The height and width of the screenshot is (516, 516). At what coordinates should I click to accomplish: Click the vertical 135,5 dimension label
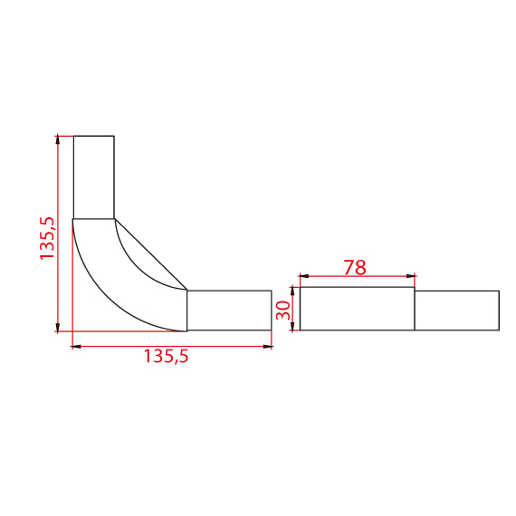pyautogui.click(x=48, y=238)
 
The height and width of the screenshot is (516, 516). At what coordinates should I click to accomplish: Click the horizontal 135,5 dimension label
pyautogui.click(x=166, y=357)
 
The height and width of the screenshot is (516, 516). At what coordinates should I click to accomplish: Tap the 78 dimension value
pyautogui.click(x=355, y=268)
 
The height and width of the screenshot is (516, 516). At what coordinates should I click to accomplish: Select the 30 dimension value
pyautogui.click(x=282, y=310)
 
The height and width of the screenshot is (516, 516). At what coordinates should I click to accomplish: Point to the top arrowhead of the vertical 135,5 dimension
pyautogui.click(x=58, y=139)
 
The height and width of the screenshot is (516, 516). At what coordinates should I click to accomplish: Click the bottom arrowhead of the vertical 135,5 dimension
pyautogui.click(x=58, y=328)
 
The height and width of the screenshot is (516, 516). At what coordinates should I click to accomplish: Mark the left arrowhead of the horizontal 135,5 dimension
pyautogui.click(x=76, y=346)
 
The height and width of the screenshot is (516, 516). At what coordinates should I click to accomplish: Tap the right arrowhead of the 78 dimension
pyautogui.click(x=411, y=277)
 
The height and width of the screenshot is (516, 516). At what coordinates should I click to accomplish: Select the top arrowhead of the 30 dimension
pyautogui.click(x=292, y=291)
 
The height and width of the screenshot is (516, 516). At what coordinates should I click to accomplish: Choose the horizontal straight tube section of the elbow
pyautogui.click(x=229, y=311)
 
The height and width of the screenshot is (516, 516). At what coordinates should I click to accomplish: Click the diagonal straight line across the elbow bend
pyautogui.click(x=151, y=254)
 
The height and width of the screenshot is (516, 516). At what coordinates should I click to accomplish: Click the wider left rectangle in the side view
pyautogui.click(x=357, y=309)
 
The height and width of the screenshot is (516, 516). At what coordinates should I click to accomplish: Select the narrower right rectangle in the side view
pyautogui.click(x=456, y=311)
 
